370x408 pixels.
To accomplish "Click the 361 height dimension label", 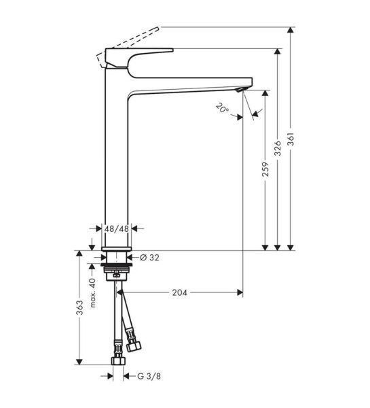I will coord(291,139).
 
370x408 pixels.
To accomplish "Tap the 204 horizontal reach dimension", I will coord(180,292).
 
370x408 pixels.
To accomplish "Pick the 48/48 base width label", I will coord(117,229).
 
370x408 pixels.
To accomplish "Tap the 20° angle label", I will coord(222,107).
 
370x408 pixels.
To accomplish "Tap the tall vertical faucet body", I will coord(117,163).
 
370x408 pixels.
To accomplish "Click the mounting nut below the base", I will coord(117,273).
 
